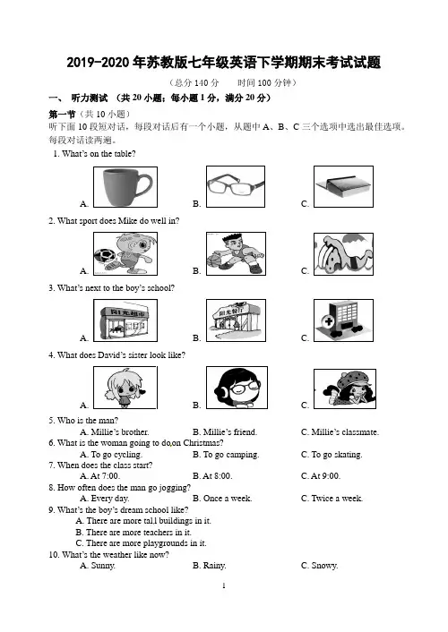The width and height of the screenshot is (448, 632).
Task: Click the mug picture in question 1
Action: tap(125, 187)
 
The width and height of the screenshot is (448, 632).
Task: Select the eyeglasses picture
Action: tap(236, 186)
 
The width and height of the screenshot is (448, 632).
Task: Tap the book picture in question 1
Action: tap(343, 186)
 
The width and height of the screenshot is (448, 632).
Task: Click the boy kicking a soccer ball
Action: tap(125, 253)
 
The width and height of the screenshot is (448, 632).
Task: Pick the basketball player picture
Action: tap(237, 253)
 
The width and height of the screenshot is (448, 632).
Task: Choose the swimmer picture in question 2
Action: tap(343, 254)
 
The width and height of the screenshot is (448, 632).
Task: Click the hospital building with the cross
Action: tap(343, 320)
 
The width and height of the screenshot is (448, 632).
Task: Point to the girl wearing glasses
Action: tap(237, 388)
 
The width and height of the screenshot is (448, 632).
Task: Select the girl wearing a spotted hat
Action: tap(345, 389)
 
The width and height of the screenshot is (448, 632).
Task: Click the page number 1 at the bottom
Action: tap(224, 585)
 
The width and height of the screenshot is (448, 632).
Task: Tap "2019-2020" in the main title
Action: tap(98, 63)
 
